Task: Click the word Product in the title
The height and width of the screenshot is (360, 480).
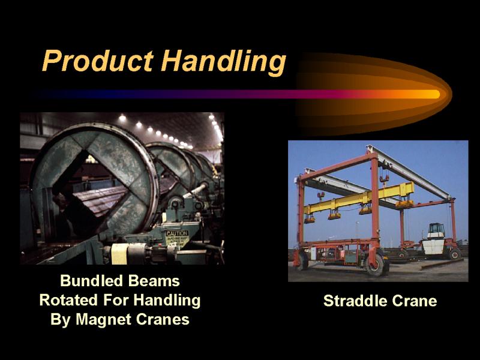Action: pyautogui.click(x=98, y=61)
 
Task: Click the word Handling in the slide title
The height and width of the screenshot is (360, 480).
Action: pyautogui.click(x=223, y=62)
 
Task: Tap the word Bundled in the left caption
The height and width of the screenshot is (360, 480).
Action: pyautogui.click(x=91, y=281)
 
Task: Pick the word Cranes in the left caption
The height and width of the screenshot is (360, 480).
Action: pyautogui.click(x=163, y=320)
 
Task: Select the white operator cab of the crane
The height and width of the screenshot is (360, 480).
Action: pyautogui.click(x=434, y=239)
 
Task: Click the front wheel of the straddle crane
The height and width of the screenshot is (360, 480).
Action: pyautogui.click(x=376, y=265)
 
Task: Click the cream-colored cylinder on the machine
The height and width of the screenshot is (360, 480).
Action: pyautogui.click(x=119, y=254)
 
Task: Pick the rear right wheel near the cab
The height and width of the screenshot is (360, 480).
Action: pyautogui.click(x=454, y=254)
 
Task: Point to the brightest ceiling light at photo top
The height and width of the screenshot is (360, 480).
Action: pyautogui.click(x=122, y=118)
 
